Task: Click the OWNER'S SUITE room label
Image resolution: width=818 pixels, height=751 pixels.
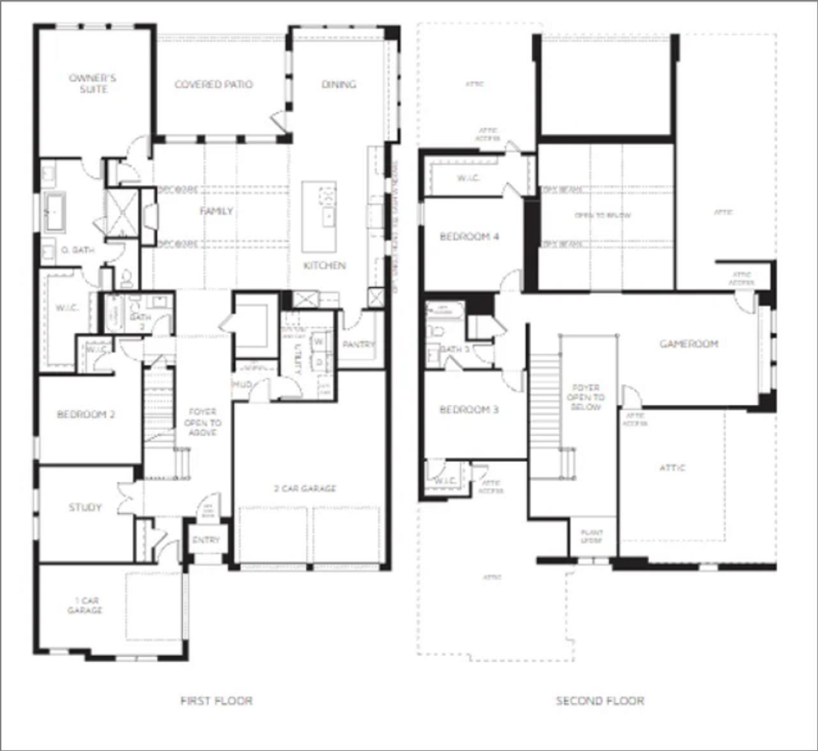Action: [x=93, y=84]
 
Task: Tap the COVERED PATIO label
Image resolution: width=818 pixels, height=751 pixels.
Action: [x=213, y=84]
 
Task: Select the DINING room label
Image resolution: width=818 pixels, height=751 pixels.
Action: [x=339, y=84]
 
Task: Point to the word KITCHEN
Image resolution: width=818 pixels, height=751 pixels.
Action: [x=325, y=265]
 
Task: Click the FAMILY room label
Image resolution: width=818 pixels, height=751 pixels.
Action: [x=216, y=211]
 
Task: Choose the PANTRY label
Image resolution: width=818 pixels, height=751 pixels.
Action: [x=359, y=345]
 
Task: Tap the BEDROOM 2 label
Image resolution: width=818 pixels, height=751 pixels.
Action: [x=86, y=415]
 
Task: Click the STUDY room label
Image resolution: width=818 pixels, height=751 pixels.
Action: [x=85, y=507]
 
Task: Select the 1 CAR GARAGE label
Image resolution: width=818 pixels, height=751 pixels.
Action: [x=86, y=606]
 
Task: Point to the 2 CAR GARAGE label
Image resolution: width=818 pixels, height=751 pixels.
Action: [x=305, y=489]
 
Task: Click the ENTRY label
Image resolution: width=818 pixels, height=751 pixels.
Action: [x=206, y=541]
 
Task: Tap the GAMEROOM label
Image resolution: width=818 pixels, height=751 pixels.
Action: [x=689, y=344]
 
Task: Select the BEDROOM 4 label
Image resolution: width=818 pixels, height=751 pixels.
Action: [x=469, y=237]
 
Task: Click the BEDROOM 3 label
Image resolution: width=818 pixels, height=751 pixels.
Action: [x=469, y=409]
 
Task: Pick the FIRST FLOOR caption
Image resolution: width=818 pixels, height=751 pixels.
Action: [x=216, y=701]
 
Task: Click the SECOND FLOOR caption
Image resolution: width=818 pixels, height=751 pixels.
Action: [x=599, y=701]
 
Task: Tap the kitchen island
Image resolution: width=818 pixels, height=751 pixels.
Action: [x=319, y=216]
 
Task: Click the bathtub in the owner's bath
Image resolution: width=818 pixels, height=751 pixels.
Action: [x=54, y=212]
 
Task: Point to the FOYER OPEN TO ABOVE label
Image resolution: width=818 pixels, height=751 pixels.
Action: [x=203, y=422]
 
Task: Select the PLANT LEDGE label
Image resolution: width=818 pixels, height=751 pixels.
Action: [x=592, y=537]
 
